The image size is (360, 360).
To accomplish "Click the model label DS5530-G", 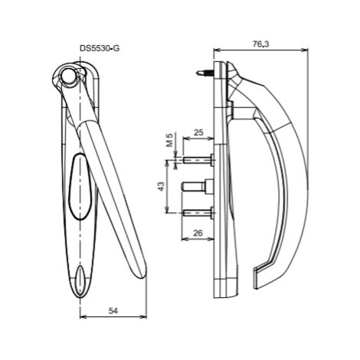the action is click(x=100, y=48).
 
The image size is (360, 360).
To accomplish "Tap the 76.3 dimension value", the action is click(x=261, y=44).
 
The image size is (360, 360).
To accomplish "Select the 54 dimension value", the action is click(x=113, y=311).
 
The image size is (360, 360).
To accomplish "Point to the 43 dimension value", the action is click(x=162, y=186).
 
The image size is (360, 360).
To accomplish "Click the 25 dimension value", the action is click(x=198, y=133).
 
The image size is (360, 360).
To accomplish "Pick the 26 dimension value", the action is click(x=198, y=233).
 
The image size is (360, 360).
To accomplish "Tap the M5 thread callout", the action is click(x=170, y=140).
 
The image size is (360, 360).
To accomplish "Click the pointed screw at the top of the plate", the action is click(x=205, y=74).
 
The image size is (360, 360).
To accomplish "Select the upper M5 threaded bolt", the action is click(x=198, y=160).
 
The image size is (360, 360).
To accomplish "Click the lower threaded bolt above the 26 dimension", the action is click(x=198, y=213).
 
